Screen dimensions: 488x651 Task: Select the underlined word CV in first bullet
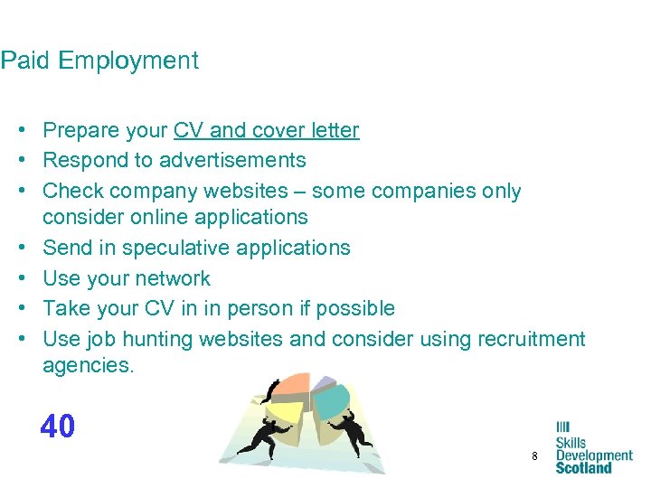point(188,130)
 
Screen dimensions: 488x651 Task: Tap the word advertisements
point(232,161)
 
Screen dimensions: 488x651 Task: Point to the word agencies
point(86,365)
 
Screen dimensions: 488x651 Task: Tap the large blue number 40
point(58,427)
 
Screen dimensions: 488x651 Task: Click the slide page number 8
point(534,457)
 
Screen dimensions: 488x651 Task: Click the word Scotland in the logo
point(583,467)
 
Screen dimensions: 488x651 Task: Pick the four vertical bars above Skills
point(562,427)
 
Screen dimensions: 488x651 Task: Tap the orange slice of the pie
point(291,384)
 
